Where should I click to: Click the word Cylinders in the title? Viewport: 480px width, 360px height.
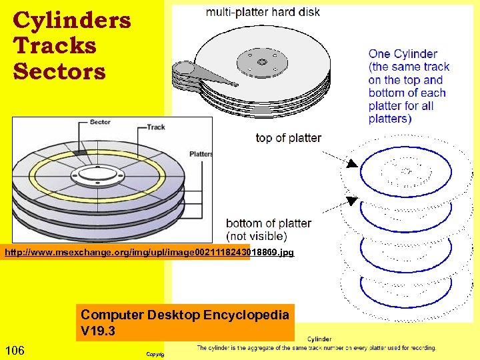coord(71,21)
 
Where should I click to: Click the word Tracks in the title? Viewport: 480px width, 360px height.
coord(54,46)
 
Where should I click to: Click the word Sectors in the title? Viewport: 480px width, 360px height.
coord(59,71)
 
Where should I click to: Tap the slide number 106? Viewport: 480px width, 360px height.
coord(15,351)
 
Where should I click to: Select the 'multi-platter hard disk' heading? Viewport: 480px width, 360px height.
coord(263,12)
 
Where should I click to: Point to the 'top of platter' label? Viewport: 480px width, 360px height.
coord(288,138)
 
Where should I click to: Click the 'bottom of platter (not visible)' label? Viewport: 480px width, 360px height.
coord(268,229)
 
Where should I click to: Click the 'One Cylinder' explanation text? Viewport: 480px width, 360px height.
coord(409,86)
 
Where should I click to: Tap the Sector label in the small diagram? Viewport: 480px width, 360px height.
coord(100,123)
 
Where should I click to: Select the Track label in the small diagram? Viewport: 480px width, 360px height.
coord(155,127)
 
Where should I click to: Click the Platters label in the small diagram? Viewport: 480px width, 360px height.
coord(200,154)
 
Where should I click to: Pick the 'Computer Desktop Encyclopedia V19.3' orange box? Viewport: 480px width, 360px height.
coord(185,322)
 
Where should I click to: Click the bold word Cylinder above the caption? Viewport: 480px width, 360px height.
coord(319,339)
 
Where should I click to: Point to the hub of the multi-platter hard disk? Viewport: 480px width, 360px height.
coord(261,63)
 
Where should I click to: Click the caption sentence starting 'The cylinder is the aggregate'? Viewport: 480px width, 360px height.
coord(316,348)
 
